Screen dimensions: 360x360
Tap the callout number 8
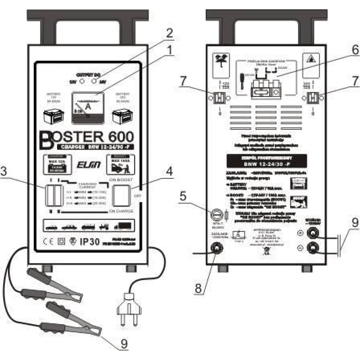198,288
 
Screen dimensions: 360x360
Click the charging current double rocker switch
54,196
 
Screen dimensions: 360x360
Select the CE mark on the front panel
48,242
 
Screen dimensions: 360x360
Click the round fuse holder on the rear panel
216,215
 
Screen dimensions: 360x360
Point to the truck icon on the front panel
122,226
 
